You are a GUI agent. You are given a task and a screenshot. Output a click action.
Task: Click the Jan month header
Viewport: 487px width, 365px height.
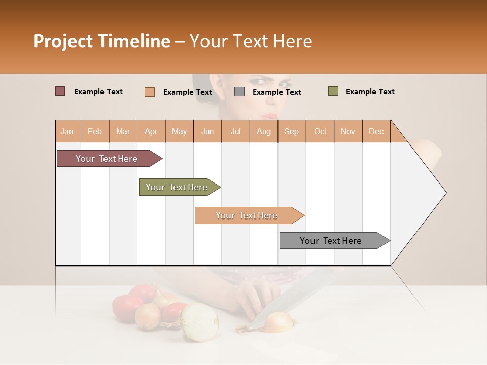pos(67,131)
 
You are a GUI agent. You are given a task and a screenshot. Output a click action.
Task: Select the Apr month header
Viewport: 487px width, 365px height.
pos(151,131)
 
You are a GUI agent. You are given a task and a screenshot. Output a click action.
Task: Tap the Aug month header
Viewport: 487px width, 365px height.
pos(263,131)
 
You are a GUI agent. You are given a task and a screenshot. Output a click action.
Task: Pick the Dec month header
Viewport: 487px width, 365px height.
pos(376,131)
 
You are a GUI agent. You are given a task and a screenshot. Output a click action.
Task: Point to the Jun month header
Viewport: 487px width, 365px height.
pos(207,131)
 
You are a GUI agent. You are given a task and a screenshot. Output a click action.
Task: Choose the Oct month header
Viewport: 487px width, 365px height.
pos(320,131)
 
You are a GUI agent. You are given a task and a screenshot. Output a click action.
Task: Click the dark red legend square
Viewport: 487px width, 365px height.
pos(60,91)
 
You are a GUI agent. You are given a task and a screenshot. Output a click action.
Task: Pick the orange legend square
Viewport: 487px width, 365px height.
pos(149,92)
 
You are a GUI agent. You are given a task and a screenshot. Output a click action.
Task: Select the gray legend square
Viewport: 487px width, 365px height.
pos(239,92)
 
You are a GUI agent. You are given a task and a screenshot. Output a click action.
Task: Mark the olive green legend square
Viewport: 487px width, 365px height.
pos(333,91)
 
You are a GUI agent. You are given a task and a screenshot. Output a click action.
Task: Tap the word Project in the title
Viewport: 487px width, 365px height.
pos(63,41)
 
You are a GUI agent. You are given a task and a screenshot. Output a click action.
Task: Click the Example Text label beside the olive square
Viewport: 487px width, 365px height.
pos(370,92)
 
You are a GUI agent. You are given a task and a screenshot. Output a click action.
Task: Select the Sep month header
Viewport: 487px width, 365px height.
pos(291,131)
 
